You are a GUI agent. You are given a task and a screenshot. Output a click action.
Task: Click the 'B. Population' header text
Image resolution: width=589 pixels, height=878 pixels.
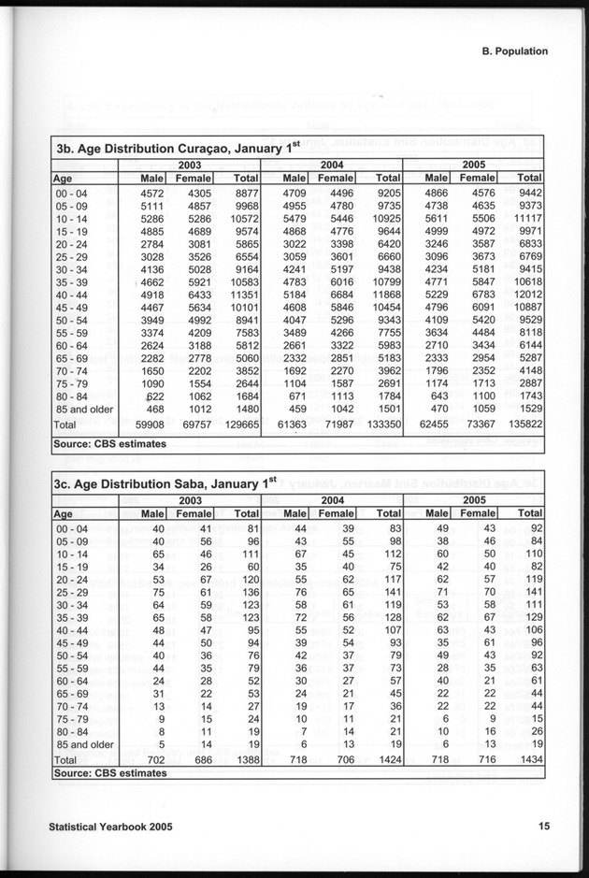(x=509, y=52)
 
